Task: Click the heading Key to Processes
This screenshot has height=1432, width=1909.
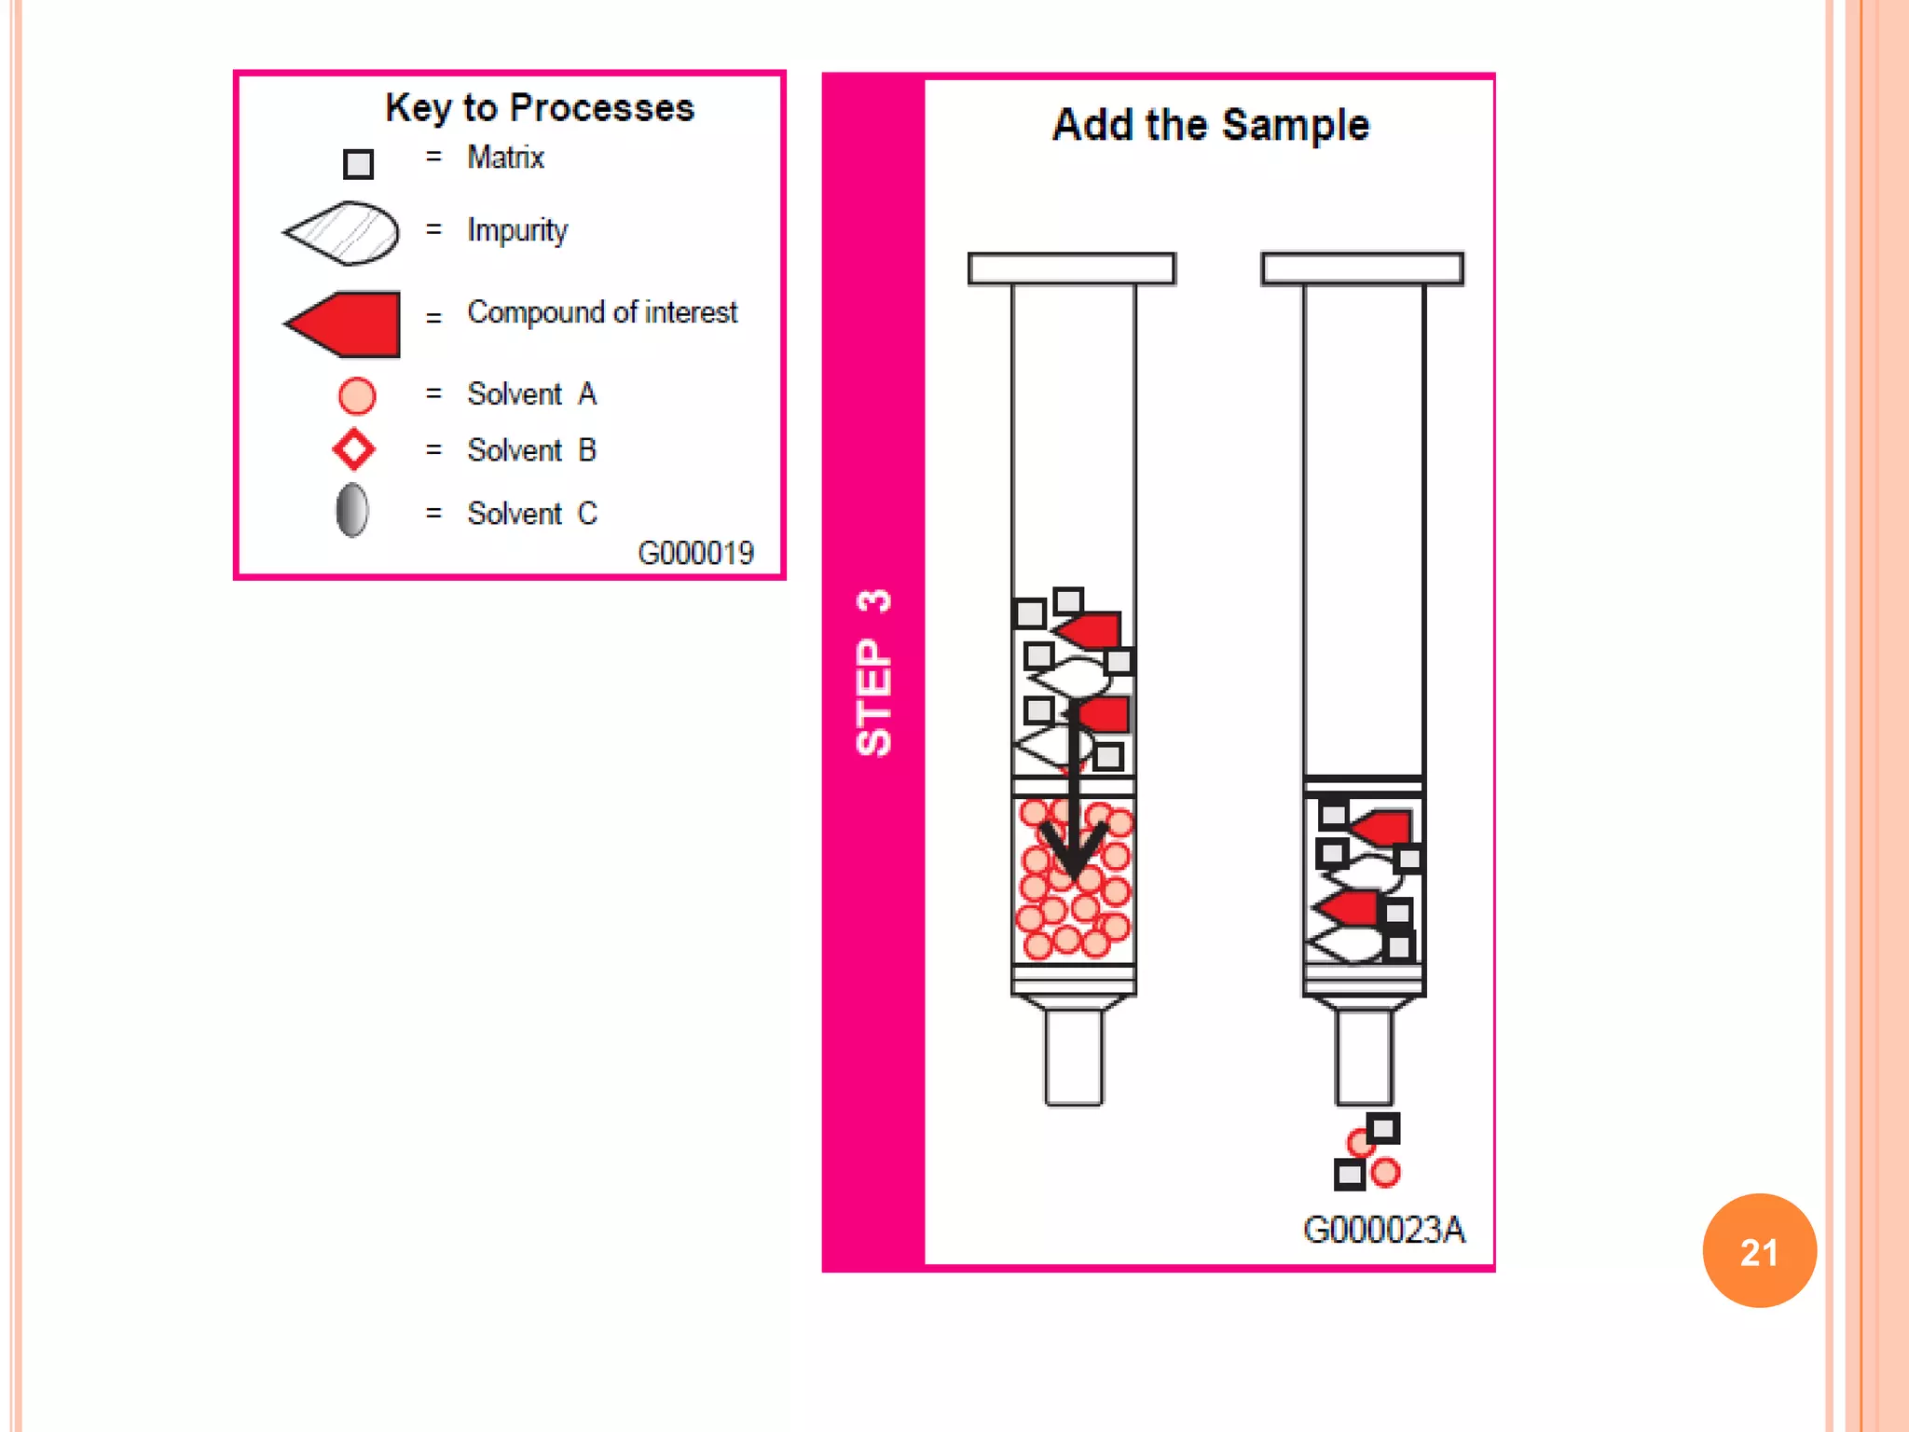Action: coord(540,108)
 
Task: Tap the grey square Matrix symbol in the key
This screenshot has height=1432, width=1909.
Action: coord(358,164)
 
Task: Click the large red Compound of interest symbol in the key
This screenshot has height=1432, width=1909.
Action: coord(346,324)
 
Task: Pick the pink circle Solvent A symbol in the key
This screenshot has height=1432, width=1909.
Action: coord(357,395)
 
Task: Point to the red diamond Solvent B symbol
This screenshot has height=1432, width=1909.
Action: coord(354,449)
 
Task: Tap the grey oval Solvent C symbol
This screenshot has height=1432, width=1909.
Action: coord(351,511)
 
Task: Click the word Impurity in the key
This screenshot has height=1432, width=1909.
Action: coord(517,230)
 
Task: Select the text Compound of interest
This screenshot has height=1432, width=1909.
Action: coord(602,312)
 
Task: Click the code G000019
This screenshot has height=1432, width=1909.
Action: coord(695,553)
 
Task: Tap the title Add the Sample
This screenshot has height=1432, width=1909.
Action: coord(1211,125)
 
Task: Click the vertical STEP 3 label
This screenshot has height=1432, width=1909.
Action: coord(873,672)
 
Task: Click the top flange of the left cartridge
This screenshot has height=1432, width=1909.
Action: coord(1071,268)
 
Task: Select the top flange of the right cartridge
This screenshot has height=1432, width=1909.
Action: coord(1362,268)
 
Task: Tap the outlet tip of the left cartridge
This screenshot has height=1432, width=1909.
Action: coord(1074,1058)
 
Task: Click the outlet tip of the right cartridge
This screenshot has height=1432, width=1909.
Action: coord(1364,1058)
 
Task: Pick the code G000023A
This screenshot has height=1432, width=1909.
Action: coord(1383,1230)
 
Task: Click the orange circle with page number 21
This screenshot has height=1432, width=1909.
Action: coord(1759,1251)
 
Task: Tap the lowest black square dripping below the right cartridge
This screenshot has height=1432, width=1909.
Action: coord(1349,1175)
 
